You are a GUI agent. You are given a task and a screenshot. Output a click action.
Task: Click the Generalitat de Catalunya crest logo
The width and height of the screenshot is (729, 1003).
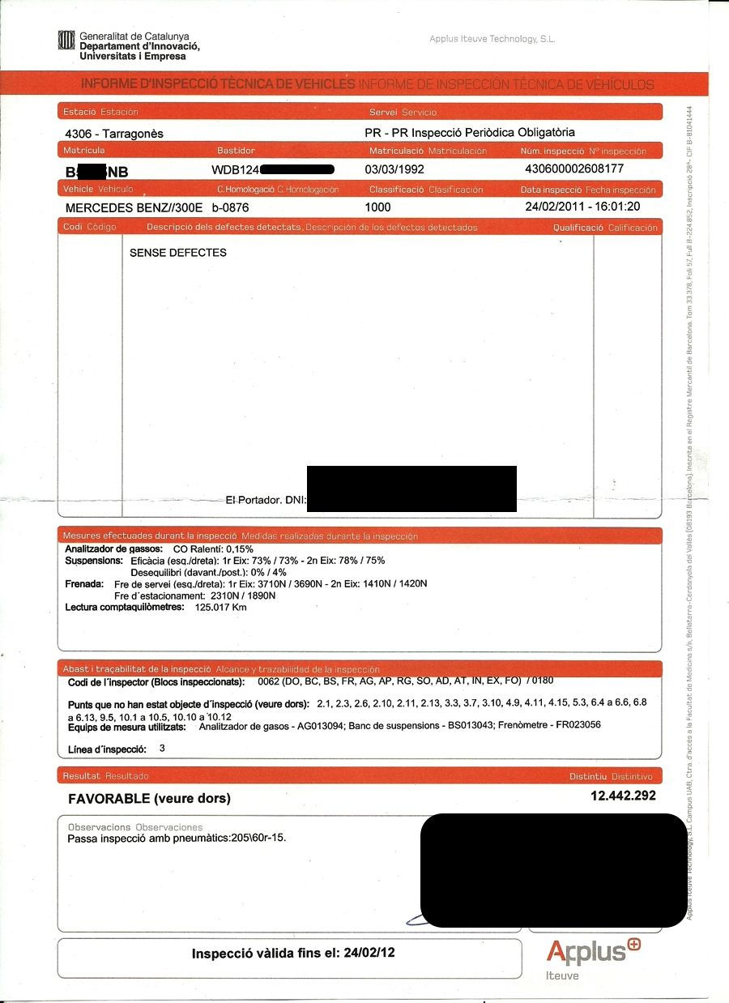[66, 41]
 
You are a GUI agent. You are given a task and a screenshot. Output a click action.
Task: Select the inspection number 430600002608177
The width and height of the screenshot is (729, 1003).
[574, 169]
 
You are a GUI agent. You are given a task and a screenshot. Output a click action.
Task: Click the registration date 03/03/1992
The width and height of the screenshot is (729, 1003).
[394, 170]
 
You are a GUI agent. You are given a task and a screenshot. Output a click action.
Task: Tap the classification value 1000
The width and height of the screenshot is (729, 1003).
[377, 207]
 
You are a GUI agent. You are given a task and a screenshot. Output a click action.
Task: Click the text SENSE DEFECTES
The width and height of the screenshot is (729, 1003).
[177, 253]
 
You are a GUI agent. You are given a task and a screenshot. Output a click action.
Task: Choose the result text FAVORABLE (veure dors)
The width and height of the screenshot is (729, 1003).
[149, 799]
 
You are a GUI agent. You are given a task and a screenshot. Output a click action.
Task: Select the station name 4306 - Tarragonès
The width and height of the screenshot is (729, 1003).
[113, 134]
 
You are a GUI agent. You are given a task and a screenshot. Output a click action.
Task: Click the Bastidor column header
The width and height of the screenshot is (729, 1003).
[236, 151]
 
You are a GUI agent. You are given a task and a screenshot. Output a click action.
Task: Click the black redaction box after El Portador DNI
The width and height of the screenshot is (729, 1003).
[411, 489]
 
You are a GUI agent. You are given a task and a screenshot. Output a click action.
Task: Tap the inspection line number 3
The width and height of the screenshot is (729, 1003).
[162, 749]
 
